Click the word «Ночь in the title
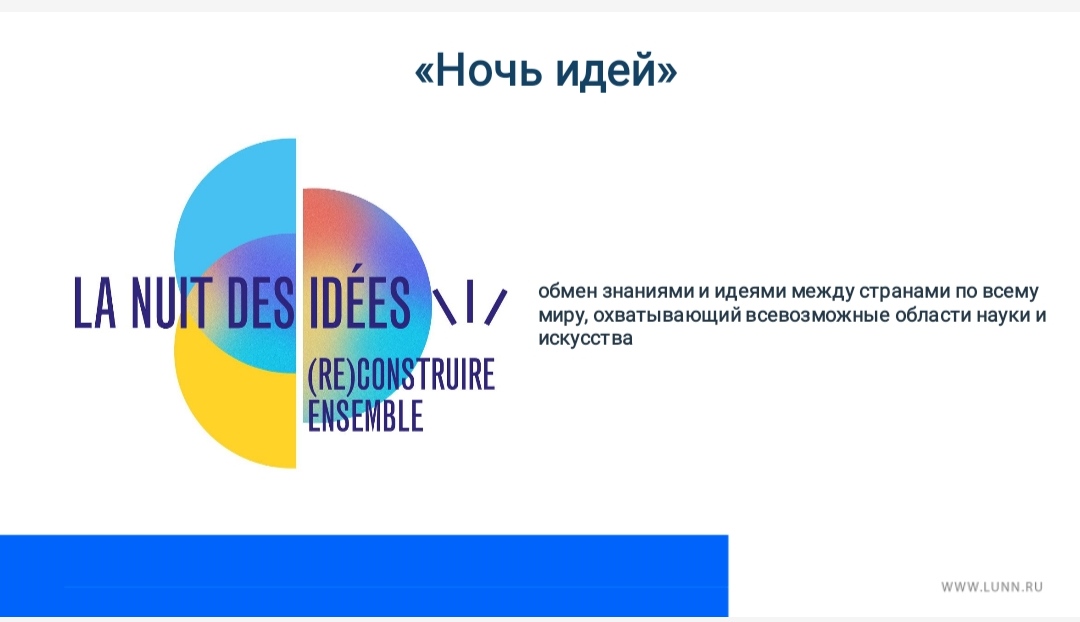tap(475, 70)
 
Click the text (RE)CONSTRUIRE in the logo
tap(401, 374)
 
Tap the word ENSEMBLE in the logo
tap(365, 415)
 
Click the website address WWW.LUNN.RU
tap(992, 587)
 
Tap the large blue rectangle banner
tap(364, 575)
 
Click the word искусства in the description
tap(585, 339)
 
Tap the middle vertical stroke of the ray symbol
tap(470, 303)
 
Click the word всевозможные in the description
tap(817, 315)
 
